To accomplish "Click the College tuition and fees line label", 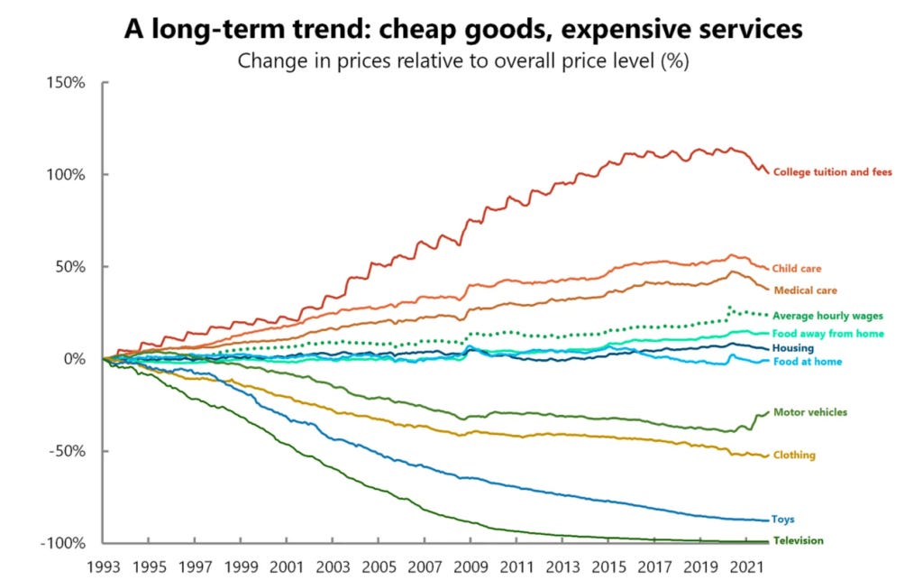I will [x=832, y=172].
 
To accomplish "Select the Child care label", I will [x=797, y=269].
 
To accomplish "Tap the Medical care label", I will [x=805, y=290].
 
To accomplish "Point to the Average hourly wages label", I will [x=827, y=316].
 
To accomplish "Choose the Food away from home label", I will [x=828, y=334].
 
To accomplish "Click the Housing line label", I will [x=793, y=348].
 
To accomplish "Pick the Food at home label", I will [x=807, y=362].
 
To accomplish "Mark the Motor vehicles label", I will [x=809, y=412].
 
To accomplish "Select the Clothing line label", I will [x=793, y=456].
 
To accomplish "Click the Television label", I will [x=798, y=541].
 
